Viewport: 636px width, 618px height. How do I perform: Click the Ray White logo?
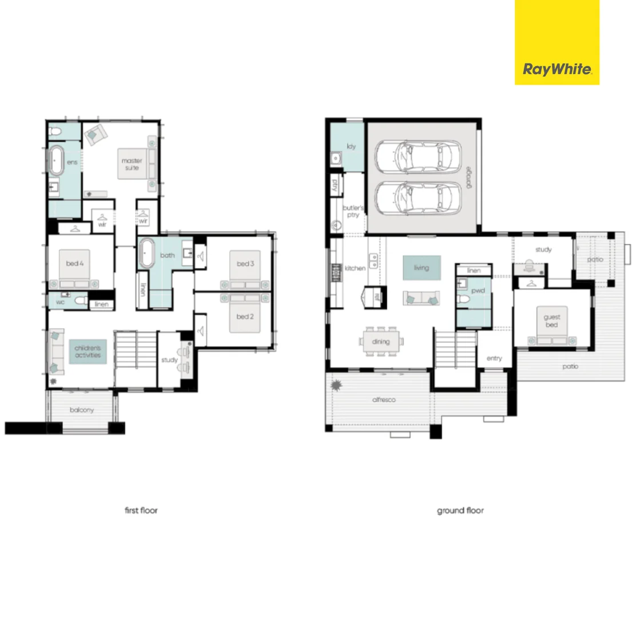[x=557, y=70]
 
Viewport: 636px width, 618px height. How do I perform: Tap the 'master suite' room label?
[x=131, y=164]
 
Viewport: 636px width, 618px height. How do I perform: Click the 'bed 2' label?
[x=245, y=316]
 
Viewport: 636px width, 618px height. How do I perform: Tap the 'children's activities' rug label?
[x=87, y=351]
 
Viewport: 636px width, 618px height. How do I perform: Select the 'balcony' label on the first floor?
[x=82, y=410]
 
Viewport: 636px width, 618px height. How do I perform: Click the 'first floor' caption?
[x=141, y=510]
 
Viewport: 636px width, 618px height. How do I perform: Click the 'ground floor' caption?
[x=460, y=510]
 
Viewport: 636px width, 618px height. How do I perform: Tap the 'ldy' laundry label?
[x=351, y=146]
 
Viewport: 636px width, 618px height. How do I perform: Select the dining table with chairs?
[x=381, y=342]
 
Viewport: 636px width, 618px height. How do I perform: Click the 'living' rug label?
[x=421, y=268]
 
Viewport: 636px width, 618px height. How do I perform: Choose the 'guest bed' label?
[x=551, y=320]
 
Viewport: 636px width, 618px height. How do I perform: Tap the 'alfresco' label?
[x=384, y=399]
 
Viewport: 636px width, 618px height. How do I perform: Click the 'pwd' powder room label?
[x=478, y=291]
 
